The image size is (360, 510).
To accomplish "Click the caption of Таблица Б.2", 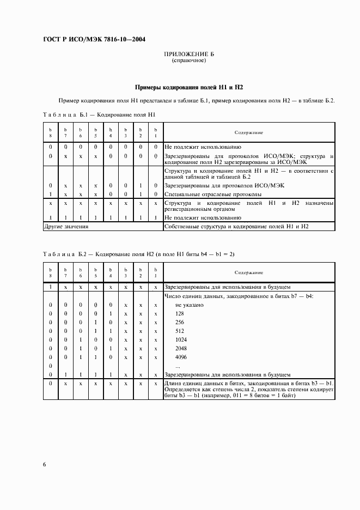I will click(139, 254).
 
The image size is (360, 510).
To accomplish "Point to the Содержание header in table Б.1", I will click(249, 132).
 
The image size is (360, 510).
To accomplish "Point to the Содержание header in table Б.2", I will click(249, 272).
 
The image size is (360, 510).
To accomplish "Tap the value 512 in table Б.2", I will click(180, 331).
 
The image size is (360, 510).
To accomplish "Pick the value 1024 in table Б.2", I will click(181, 340).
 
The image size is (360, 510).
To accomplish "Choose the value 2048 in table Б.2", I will click(181, 349).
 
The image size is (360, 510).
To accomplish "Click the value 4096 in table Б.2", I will click(181, 357).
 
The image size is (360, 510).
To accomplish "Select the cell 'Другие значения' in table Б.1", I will click(66, 226).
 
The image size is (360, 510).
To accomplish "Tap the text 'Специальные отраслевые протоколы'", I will click(213, 195).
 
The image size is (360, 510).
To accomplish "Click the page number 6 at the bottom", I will click(44, 464).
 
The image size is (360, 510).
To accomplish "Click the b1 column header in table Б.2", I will click(156, 272).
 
